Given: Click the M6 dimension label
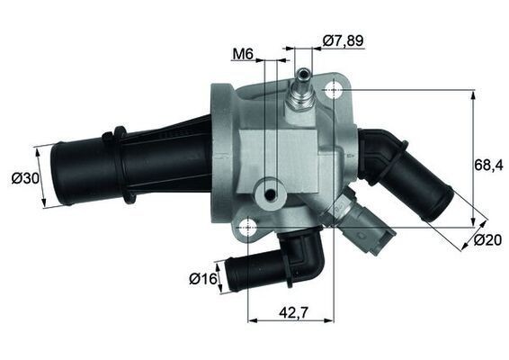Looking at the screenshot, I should pyautogui.click(x=242, y=54).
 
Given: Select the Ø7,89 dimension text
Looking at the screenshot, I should pyautogui.click(x=343, y=40).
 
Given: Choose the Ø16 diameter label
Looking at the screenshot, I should pyautogui.click(x=203, y=279).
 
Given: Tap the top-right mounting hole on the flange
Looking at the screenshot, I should pyautogui.click(x=336, y=90).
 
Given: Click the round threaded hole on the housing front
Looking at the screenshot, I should pyautogui.click(x=267, y=193).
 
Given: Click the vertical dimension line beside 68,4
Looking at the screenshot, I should pyautogui.click(x=474, y=157).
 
